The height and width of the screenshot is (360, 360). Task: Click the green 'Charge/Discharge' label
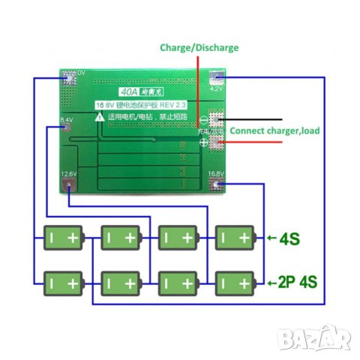pyautogui.click(x=199, y=47)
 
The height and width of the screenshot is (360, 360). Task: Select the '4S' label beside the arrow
pyautogui.click(x=289, y=239)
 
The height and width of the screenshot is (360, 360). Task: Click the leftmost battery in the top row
pyautogui.click(x=63, y=238)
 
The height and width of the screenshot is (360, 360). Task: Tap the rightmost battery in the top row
pyautogui.click(x=234, y=238)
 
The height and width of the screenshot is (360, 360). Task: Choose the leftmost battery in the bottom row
pyautogui.click(x=63, y=283)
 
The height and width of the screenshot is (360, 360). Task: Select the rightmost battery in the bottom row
pyautogui.click(x=234, y=283)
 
